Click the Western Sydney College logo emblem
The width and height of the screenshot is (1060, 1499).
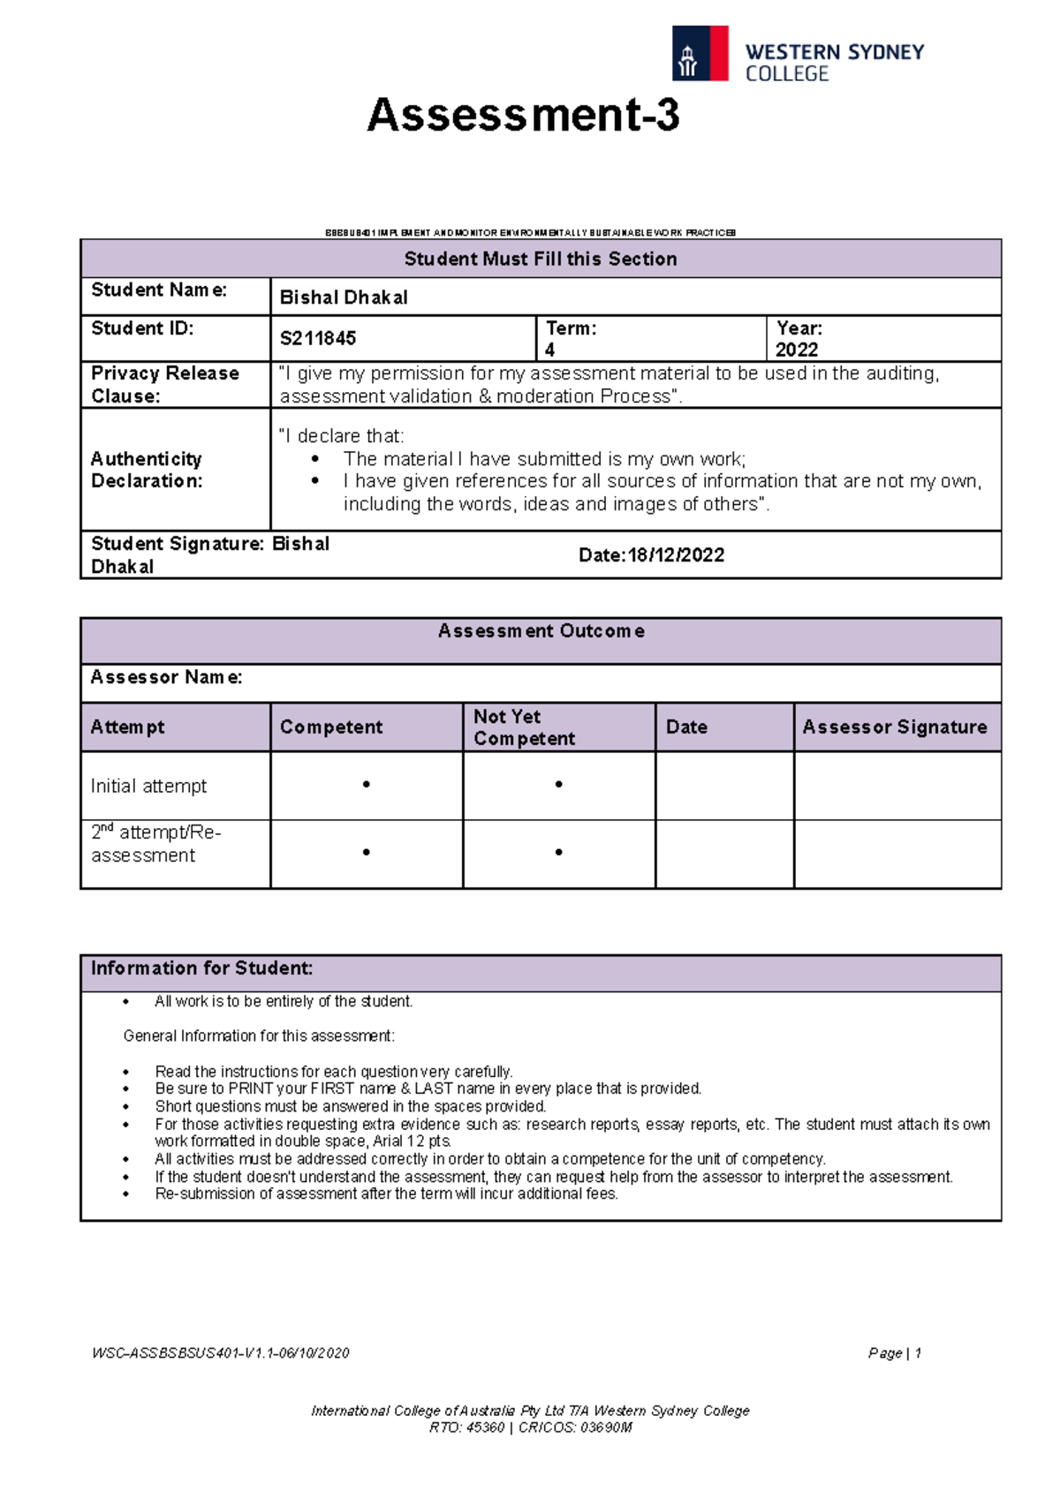click(700, 54)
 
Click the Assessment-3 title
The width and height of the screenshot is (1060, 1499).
click(523, 116)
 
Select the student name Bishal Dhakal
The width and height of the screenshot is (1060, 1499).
click(344, 298)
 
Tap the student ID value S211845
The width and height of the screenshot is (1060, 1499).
click(318, 338)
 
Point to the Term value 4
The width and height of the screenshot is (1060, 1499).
click(549, 350)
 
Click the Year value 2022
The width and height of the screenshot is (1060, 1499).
click(796, 350)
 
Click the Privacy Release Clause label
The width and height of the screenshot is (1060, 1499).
click(164, 384)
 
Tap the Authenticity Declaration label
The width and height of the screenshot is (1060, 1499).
click(147, 470)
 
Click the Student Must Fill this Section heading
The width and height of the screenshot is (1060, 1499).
click(541, 259)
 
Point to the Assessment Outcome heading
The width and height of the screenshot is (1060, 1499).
click(541, 631)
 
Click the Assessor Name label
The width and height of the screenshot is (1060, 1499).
click(166, 677)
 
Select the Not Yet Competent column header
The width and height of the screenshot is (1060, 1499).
click(524, 727)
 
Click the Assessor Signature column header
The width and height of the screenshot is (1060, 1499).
click(894, 727)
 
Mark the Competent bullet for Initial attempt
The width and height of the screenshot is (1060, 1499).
click(366, 785)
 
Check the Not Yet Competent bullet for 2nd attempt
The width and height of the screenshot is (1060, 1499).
click(558, 853)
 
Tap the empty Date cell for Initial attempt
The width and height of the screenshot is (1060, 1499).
click(724, 786)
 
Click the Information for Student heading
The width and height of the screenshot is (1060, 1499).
click(201, 968)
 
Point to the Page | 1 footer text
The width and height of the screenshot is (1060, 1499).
click(894, 1353)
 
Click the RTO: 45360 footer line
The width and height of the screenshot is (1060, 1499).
click(530, 1427)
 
